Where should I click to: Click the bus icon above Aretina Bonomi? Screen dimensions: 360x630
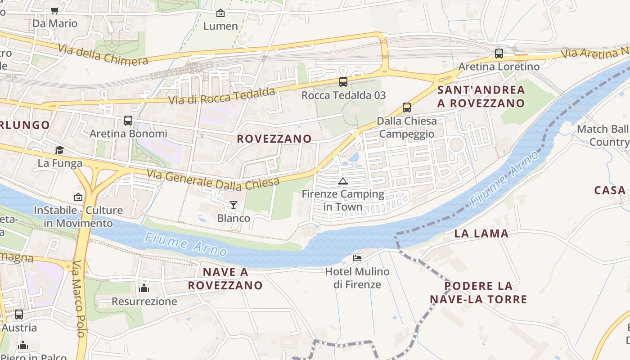point(128,121)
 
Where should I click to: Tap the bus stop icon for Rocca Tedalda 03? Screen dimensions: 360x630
point(343,82)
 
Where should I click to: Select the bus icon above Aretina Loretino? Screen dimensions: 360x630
point(499,54)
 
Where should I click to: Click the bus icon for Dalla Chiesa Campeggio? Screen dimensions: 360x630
point(407,108)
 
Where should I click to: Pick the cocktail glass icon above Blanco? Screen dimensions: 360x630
point(233,205)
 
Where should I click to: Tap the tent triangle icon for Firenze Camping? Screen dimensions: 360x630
point(343,181)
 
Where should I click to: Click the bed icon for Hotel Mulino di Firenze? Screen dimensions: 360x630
point(357,258)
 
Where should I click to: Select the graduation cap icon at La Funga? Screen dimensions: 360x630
point(59,150)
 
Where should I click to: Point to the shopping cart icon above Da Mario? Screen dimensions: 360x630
point(54,10)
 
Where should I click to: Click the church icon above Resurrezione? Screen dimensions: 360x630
point(144,288)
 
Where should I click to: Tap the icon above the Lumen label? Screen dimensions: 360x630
point(220,13)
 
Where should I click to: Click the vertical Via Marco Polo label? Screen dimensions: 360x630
point(78,299)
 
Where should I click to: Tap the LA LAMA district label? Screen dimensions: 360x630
point(481,234)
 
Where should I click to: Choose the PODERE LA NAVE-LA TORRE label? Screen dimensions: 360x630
point(478,292)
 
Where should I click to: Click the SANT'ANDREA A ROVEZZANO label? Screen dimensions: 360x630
point(481,96)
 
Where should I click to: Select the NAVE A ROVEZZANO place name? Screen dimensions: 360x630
point(225,279)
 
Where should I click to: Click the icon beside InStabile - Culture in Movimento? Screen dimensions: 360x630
point(78,197)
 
